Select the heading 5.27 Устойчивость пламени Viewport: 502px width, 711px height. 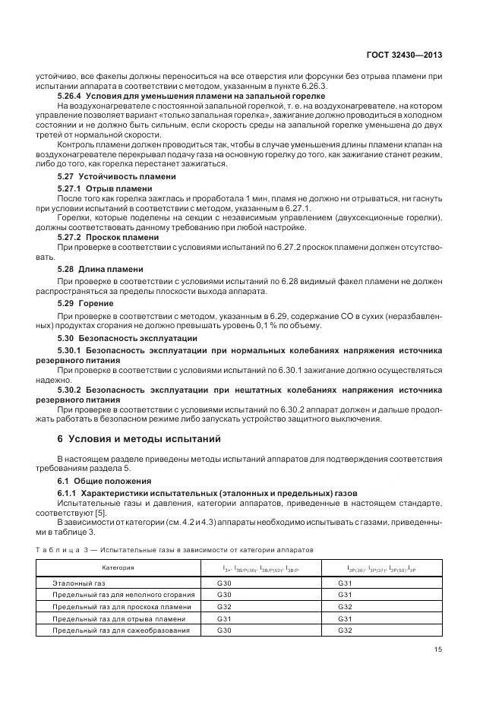116,176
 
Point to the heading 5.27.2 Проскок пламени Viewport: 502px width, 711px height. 109,237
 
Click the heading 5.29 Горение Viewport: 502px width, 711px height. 86,302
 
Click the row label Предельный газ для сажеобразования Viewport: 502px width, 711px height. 121,630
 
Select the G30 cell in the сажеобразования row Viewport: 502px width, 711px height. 223,630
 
